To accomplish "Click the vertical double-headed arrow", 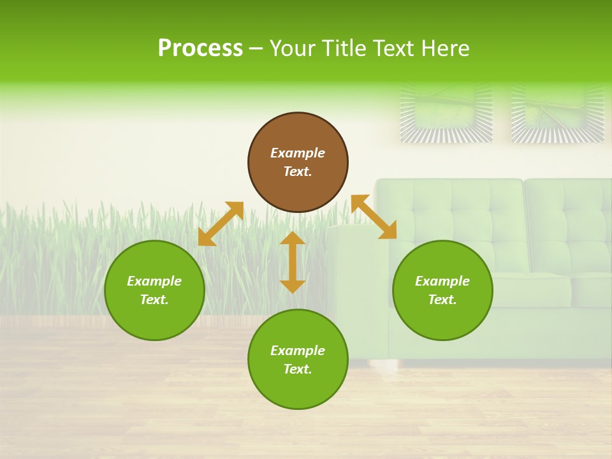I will point(293,262).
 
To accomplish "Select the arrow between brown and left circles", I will point(221,224).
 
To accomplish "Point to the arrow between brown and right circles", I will point(374,217).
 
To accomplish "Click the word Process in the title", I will point(200,48).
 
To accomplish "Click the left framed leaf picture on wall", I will point(446,112).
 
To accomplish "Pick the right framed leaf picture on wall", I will point(557,112).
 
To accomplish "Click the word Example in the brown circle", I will point(298,153).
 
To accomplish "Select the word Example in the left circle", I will point(154,281).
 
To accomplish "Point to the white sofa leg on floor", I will point(381,365).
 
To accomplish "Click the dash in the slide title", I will point(256,49).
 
